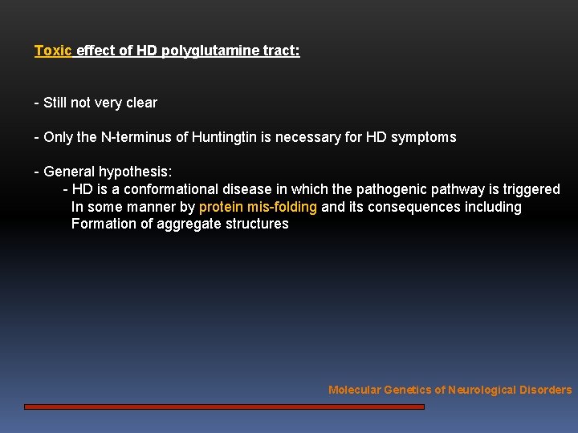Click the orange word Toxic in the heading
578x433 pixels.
(53, 51)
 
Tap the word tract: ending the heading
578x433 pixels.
(282, 51)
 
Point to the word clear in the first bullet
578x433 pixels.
(140, 103)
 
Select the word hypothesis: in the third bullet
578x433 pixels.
(136, 172)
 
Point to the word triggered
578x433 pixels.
(531, 189)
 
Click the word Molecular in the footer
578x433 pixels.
(354, 390)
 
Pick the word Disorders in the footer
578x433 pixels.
(546, 390)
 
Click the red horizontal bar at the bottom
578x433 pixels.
(224, 407)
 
